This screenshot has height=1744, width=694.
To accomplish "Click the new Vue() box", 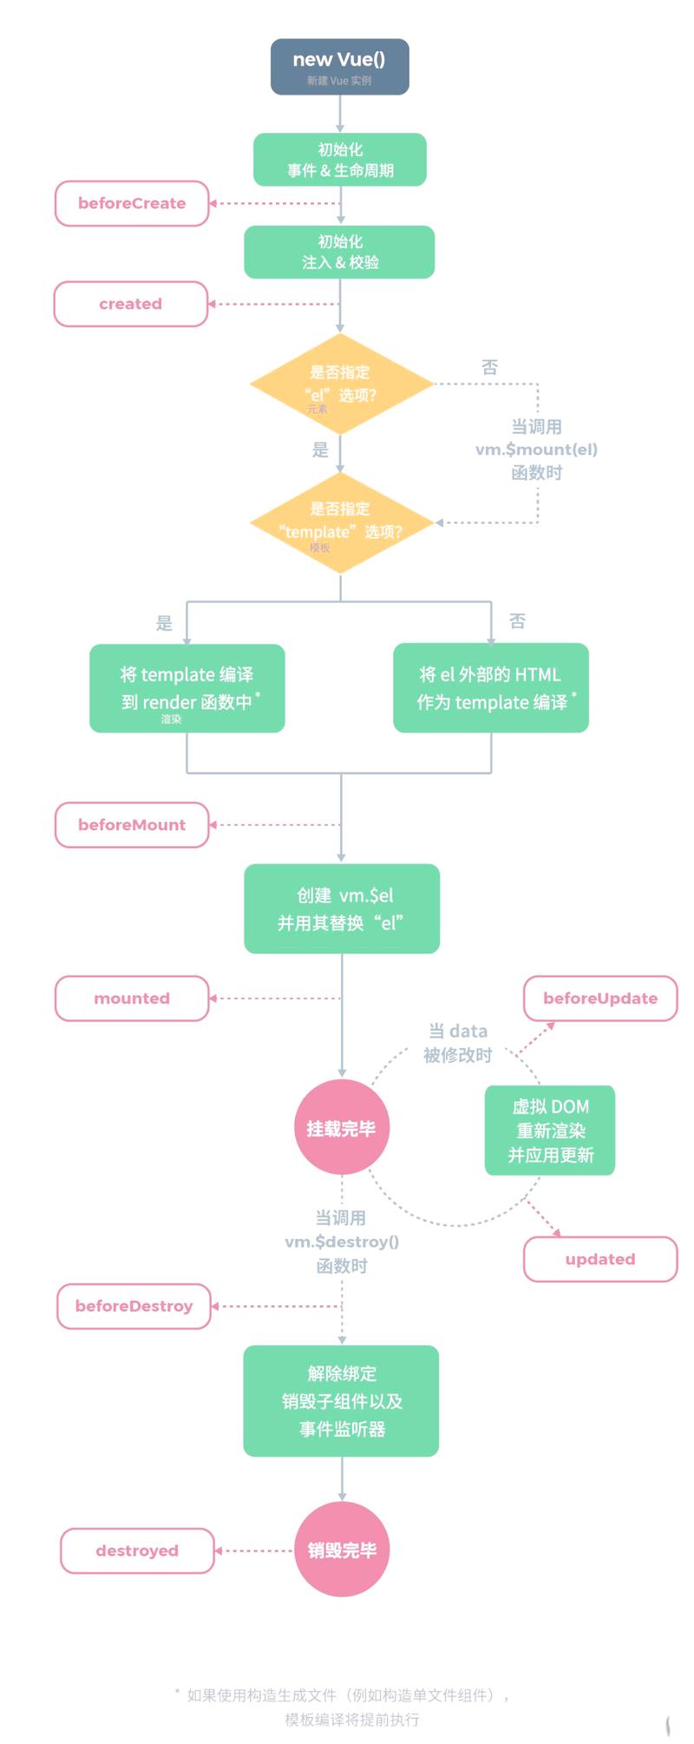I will [339, 67].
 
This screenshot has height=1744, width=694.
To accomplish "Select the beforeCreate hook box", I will [132, 203].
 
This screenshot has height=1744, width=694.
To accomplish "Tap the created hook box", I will [131, 304].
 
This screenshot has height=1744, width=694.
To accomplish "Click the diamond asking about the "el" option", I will [341, 384].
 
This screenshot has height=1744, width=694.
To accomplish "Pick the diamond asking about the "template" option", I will [341, 522].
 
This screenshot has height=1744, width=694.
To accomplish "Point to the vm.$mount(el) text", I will [536, 449].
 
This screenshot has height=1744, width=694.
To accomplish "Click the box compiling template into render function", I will [187, 688].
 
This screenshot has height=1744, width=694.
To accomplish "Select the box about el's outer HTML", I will [491, 688].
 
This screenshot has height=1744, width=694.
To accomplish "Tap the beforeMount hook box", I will [132, 824].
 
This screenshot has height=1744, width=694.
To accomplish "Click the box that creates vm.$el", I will [342, 908].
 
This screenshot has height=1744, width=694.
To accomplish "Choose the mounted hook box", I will [132, 998].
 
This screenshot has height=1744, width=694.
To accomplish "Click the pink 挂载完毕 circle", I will [341, 1128].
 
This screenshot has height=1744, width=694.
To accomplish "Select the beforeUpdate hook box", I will [600, 998].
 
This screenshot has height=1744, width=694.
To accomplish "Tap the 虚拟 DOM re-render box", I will [550, 1131].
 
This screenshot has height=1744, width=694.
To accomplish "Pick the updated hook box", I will [600, 1259].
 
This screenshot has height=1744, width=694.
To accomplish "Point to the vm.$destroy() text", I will [342, 1242].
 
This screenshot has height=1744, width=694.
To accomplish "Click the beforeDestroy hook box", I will [134, 1306].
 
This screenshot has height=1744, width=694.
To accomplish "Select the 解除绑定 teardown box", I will [341, 1400].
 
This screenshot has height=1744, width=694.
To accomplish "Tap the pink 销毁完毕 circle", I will [342, 1550].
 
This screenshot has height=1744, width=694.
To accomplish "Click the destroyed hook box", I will [137, 1551].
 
